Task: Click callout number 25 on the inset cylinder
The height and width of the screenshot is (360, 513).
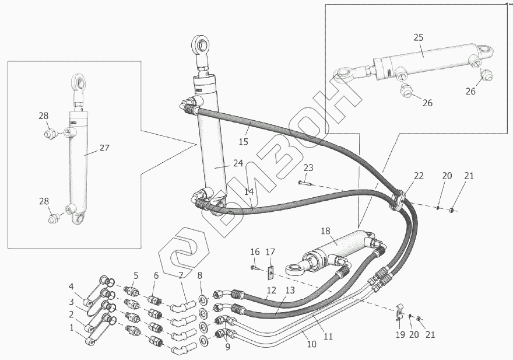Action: point(419,37)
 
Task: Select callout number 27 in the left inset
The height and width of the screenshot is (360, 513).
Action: point(104,148)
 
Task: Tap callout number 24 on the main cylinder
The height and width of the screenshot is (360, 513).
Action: point(238,163)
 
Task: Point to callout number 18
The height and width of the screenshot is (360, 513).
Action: point(326,231)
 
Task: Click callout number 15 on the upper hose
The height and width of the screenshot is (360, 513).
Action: point(243,141)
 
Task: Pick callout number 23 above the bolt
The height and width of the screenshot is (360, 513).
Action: point(308,168)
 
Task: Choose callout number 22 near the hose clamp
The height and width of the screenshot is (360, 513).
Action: point(419,176)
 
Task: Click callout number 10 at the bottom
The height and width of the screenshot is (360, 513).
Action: point(311,344)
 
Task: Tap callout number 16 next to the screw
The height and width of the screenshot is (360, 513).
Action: point(255,251)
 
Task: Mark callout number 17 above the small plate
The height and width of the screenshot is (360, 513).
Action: point(270,251)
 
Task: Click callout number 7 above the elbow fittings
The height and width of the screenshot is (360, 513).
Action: point(181,275)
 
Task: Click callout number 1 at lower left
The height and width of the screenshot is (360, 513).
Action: point(72,327)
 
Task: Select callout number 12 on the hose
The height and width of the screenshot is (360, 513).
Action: point(271,290)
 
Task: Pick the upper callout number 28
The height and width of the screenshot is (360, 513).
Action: point(44,116)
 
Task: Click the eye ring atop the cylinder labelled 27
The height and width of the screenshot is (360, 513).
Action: point(78,81)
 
